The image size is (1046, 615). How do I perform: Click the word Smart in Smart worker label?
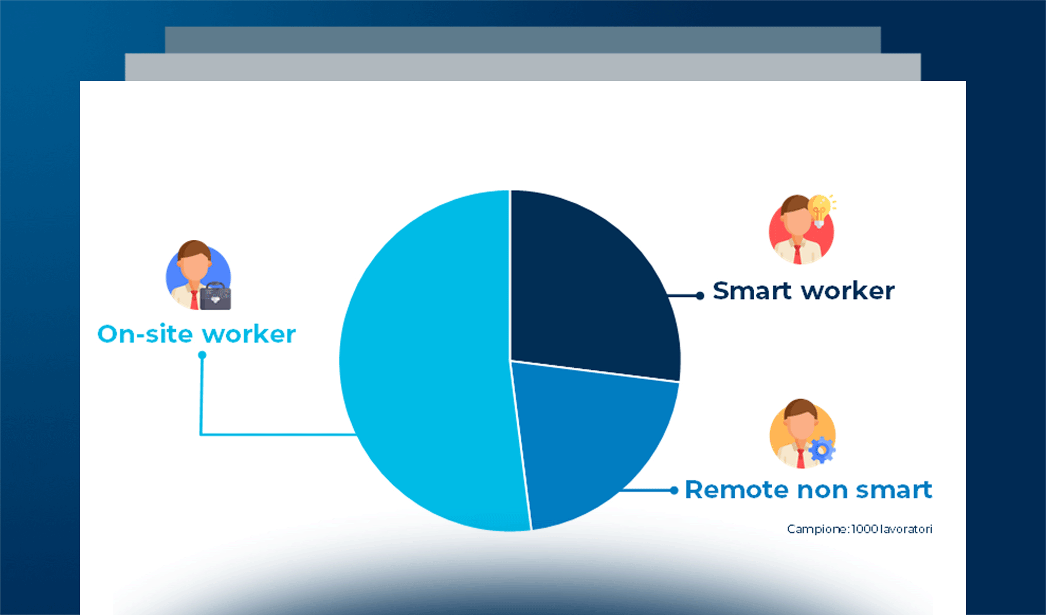(x=752, y=291)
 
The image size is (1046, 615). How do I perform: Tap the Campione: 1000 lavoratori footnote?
(x=859, y=529)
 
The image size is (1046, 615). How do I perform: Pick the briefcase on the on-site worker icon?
(x=215, y=296)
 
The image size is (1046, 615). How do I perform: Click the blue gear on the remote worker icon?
(x=822, y=450)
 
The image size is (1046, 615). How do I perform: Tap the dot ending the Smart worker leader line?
(x=700, y=296)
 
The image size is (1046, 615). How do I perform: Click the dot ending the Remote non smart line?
(x=674, y=490)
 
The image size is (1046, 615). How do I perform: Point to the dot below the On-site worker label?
(x=202, y=355)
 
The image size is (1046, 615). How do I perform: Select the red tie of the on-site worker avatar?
(x=194, y=300)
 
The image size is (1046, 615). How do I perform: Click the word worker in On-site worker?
(x=249, y=334)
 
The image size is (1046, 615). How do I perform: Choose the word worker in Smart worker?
(x=848, y=291)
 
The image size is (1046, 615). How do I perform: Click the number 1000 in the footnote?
(x=864, y=529)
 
